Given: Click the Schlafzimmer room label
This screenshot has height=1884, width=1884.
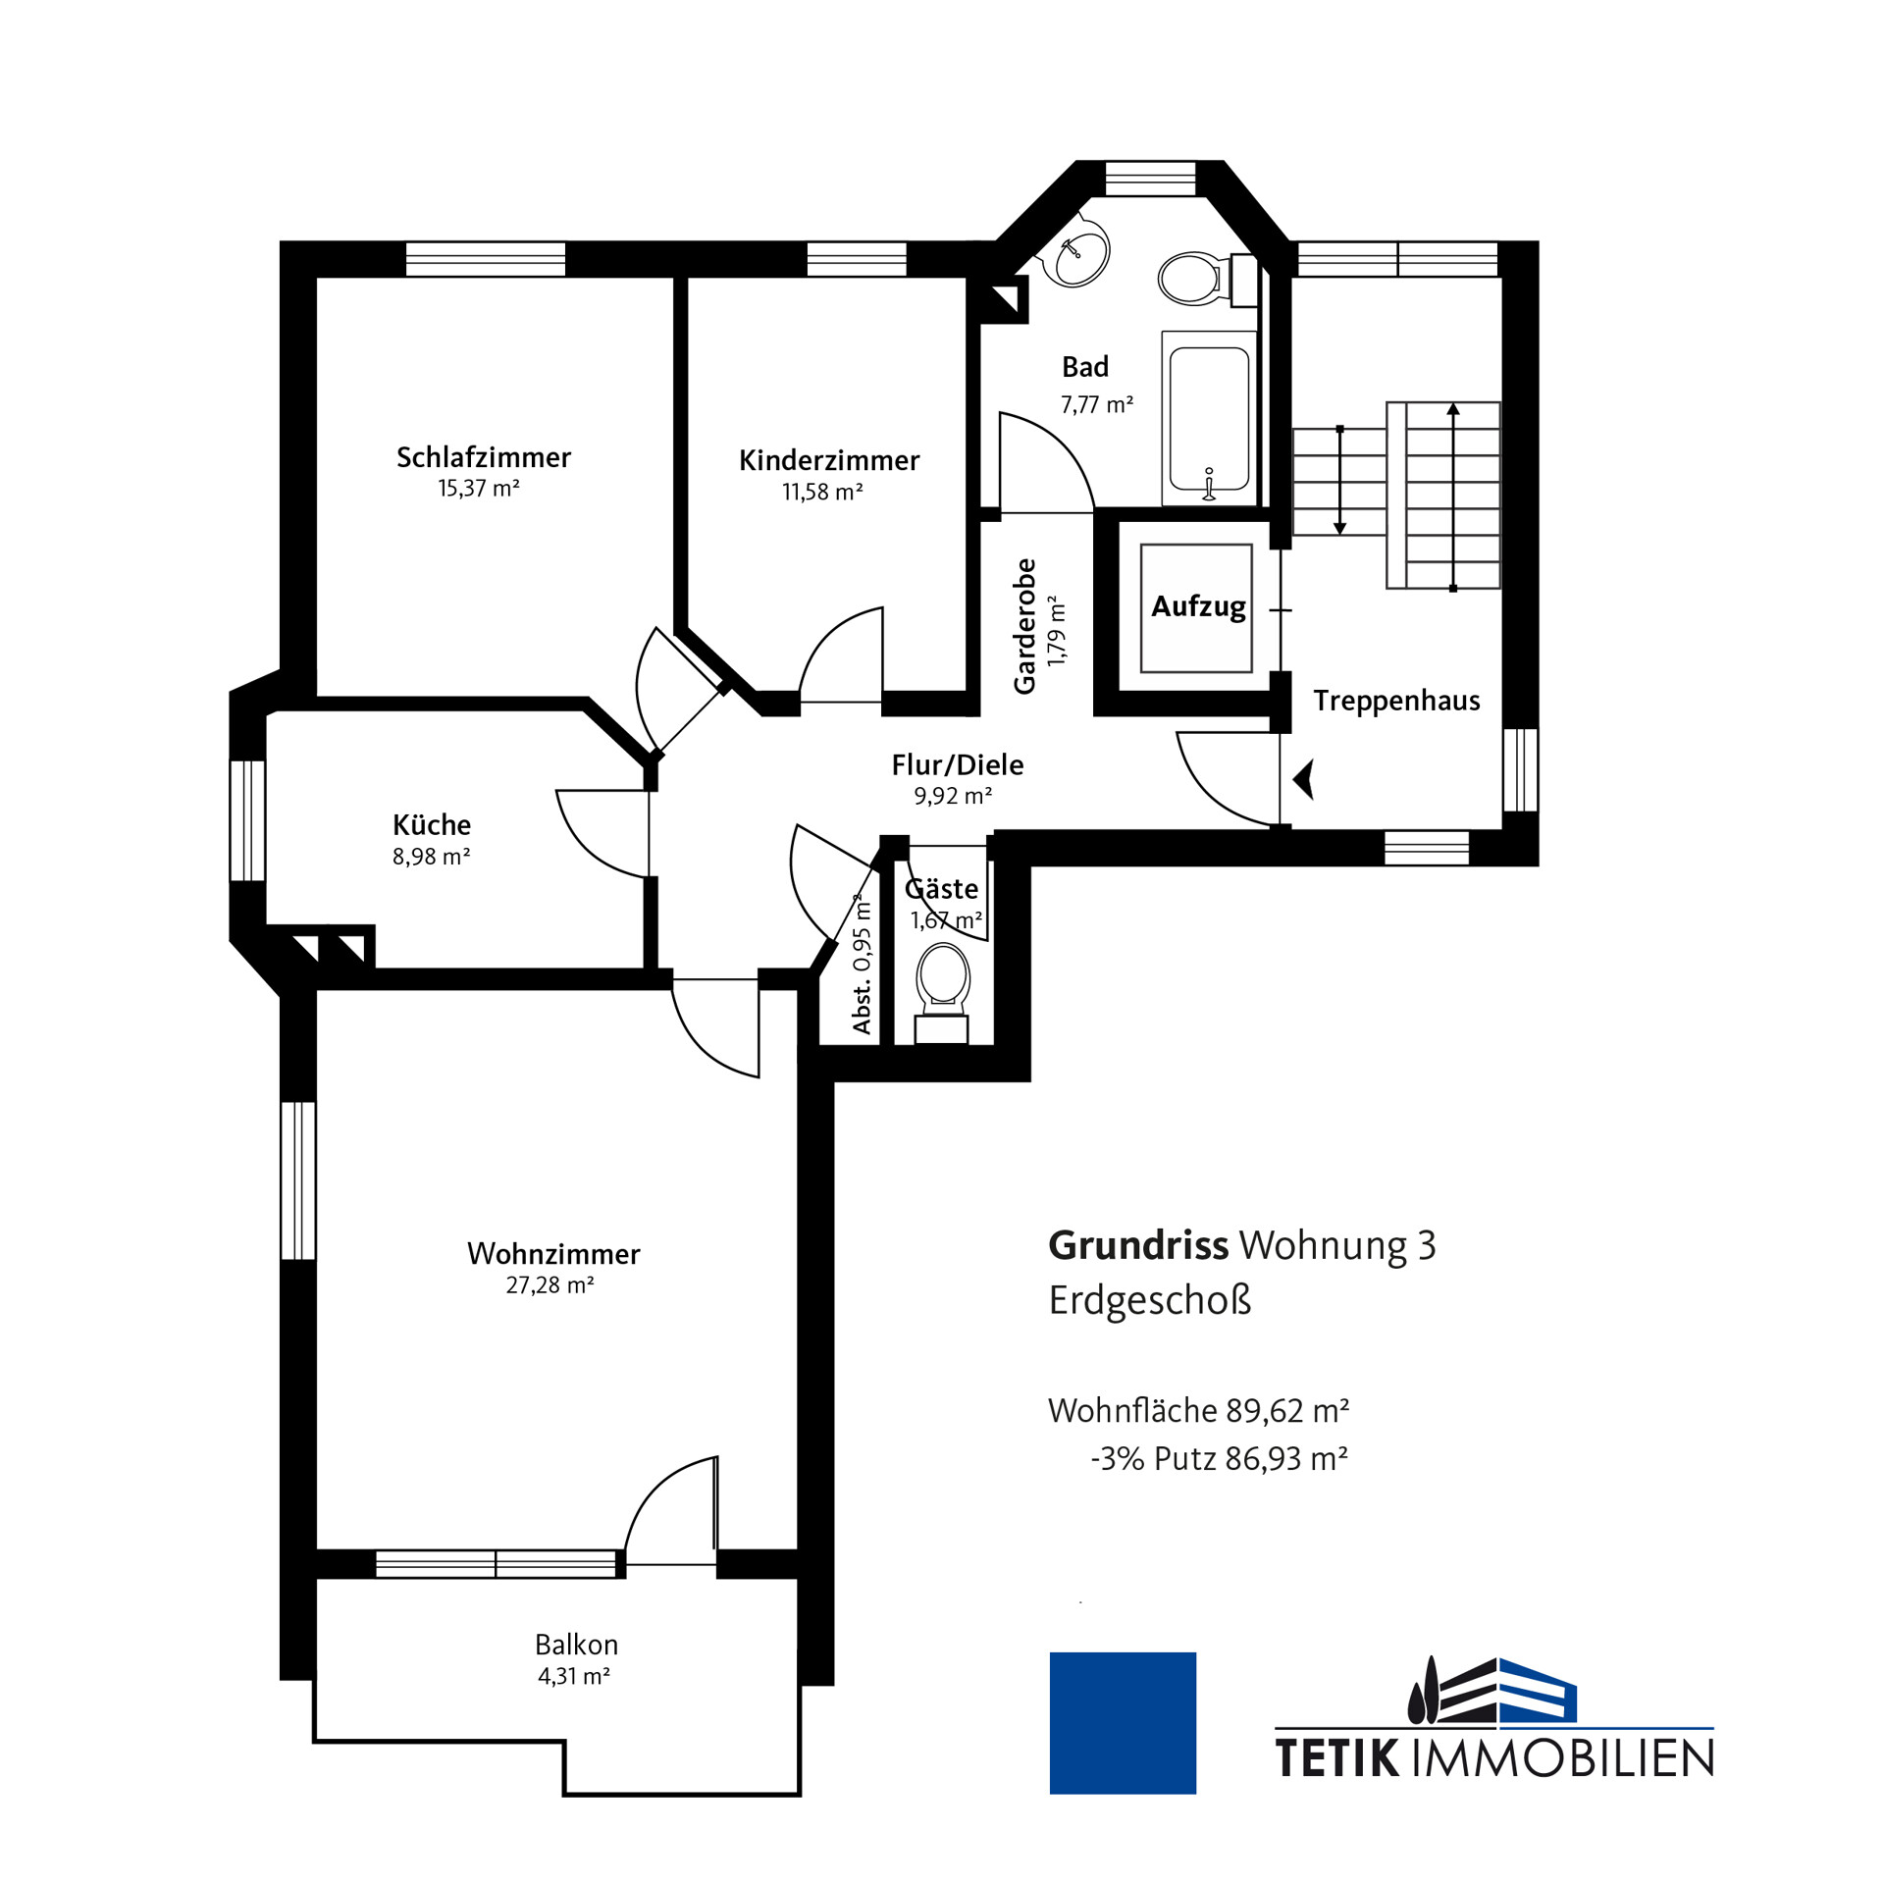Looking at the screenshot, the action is pyautogui.click(x=484, y=457).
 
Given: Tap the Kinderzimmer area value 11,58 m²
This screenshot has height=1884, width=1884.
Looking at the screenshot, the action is pyautogui.click(x=822, y=492).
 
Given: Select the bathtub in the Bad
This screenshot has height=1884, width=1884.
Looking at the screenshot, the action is pyautogui.click(x=1209, y=419).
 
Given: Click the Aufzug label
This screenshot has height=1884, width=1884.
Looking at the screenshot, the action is pyautogui.click(x=1198, y=607).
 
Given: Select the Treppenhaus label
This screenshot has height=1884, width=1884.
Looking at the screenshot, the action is pyautogui.click(x=1396, y=701).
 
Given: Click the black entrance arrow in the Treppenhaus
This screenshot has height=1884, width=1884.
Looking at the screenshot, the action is pyautogui.click(x=1304, y=780).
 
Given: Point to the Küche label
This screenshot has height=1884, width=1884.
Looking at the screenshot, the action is pyautogui.click(x=432, y=824).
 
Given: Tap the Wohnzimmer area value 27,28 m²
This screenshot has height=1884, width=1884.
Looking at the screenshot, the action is pyautogui.click(x=549, y=1284).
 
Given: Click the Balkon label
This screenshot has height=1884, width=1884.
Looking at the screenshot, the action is pyautogui.click(x=576, y=1645).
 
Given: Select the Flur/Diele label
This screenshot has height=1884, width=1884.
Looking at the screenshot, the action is pyautogui.click(x=958, y=764).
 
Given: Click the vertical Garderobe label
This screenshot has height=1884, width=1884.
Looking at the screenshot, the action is pyautogui.click(x=1024, y=626).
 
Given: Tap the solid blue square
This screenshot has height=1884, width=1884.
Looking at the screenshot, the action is pyautogui.click(x=1123, y=1723).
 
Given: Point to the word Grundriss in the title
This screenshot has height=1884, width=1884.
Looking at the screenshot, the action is pyautogui.click(x=1138, y=1245).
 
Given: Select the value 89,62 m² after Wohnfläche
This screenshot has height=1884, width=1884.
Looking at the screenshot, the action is pyautogui.click(x=1287, y=1411).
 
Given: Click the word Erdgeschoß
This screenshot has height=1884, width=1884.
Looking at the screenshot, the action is pyautogui.click(x=1150, y=1301).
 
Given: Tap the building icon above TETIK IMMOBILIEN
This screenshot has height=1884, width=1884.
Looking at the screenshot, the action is pyautogui.click(x=1491, y=1690).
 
